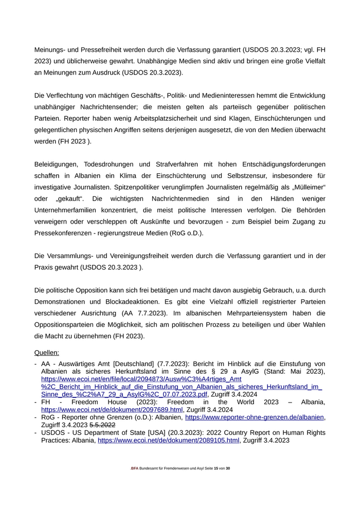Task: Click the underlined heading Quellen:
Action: pyautogui.click(x=47, y=353)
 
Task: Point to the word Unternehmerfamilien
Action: pyautogui.click(x=70, y=210)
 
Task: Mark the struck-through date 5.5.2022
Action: pyautogui.click(x=103, y=425)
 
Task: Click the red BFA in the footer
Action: pyautogui.click(x=135, y=468)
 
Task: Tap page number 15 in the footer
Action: pyautogui.click(x=215, y=468)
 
